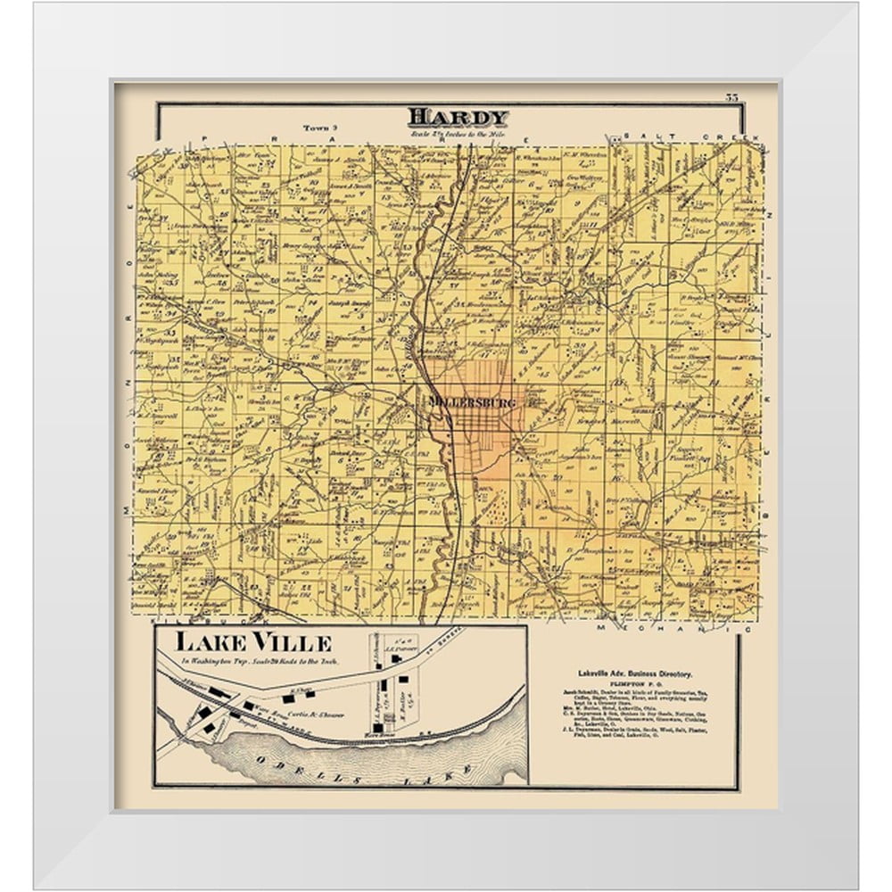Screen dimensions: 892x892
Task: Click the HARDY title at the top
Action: click(458, 117)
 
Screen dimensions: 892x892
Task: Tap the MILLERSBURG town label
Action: click(472, 402)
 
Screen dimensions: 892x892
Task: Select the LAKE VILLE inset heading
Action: click(252, 642)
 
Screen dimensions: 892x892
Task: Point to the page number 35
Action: click(732, 97)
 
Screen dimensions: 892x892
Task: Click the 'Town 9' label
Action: click(317, 128)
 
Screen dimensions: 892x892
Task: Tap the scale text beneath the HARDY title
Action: click(458, 133)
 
